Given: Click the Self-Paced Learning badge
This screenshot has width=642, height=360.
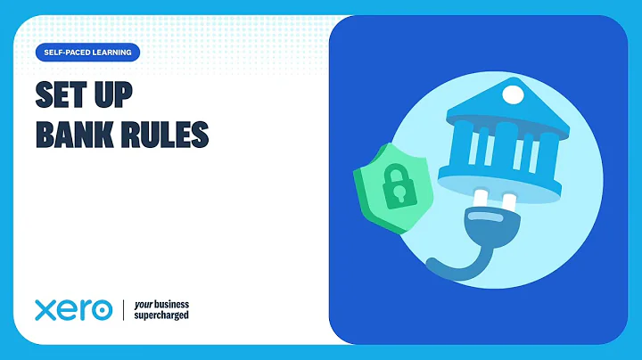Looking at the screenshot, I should tap(88, 53).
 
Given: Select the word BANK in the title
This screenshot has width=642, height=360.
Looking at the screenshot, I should tap(76, 134).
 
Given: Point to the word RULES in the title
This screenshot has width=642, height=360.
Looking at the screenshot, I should tap(168, 134).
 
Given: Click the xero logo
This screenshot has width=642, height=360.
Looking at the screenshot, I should tap(73, 310).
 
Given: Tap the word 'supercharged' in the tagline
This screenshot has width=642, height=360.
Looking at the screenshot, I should tap(161, 315).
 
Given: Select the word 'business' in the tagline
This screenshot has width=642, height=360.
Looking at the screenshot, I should tap(171, 304).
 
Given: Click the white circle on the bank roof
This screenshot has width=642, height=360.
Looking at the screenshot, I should tap(513, 94).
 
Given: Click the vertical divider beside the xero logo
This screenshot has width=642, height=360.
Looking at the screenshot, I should tap(123, 310).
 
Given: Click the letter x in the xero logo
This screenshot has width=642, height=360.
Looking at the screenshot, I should tap(46, 311).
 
